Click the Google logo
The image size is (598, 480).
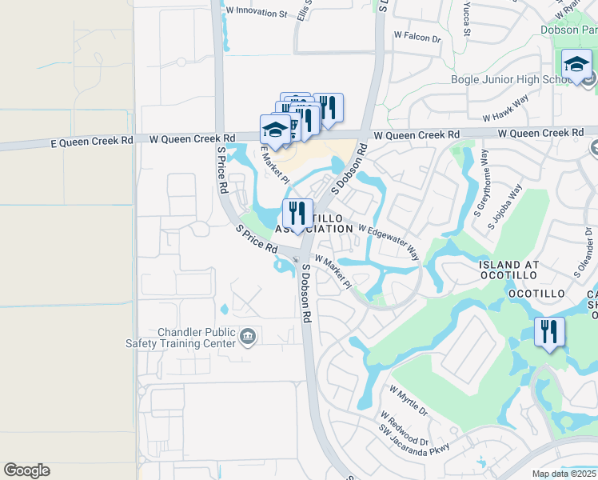pos(26,470)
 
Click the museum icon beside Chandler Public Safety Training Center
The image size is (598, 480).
pos(248,336)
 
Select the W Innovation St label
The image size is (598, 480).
pos(256,14)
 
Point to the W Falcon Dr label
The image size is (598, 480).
pos(417,37)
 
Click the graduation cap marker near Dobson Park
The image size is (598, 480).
pos(576,66)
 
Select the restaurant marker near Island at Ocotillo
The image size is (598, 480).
pos(549,331)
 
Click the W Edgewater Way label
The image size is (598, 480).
pos(389,241)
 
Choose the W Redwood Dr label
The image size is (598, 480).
pos(404,430)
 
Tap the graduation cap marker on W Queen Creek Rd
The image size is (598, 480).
pos(274,130)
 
